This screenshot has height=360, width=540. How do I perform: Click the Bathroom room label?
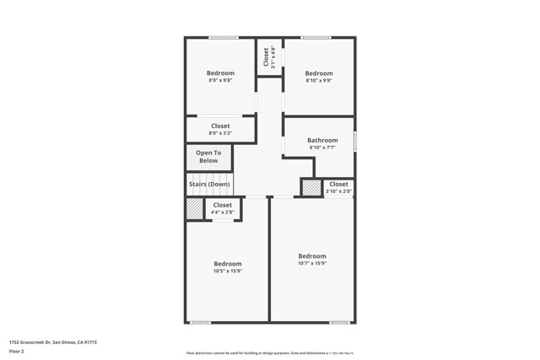pos(322,140)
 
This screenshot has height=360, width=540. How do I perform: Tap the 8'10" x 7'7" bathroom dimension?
pos(322,148)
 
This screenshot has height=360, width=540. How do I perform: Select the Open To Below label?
pos(208,157)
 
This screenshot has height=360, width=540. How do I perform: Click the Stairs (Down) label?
pos(209,184)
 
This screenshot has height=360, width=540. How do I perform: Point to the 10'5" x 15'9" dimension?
pos(227,271)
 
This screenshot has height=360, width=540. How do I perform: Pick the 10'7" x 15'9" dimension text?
pos(311,264)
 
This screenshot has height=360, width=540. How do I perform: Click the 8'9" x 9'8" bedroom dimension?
pos(220,81)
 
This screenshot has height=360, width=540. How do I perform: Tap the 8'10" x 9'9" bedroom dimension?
pos(319,81)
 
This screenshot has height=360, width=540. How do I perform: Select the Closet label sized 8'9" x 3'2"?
pos(220,126)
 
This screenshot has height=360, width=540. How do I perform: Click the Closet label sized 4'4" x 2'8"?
pos(222,205)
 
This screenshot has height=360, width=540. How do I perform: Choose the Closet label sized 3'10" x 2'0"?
pos(338,184)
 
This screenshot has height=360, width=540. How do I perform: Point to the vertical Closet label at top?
pos(266,56)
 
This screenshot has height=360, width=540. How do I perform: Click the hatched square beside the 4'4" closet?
pos(195,209)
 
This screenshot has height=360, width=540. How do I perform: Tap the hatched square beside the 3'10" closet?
pos(311,188)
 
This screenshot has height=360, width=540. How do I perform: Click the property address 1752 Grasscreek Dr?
pos(52,342)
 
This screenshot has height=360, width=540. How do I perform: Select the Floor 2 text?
pos(17,351)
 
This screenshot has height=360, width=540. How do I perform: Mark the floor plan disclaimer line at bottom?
pos(269,353)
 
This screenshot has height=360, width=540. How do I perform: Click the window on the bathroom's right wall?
pos(355,140)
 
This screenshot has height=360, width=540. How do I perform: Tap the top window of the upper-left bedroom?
pos(224,37)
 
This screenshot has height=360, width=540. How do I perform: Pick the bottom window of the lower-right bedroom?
pos(340,322)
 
